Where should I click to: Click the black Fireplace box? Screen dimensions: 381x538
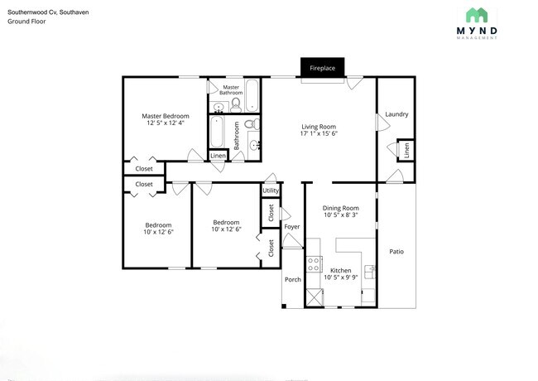(323, 68)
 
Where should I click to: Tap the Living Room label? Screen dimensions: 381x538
(318, 126)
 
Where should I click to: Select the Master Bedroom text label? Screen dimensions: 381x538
(165, 115)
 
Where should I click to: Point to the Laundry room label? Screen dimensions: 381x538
(396, 114)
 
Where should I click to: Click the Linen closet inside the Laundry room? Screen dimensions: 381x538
(406, 150)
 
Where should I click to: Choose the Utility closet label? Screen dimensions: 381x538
(271, 191)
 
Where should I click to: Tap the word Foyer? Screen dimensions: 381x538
(291, 226)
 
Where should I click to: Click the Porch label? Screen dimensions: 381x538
(293, 279)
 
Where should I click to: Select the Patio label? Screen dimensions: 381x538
(396, 251)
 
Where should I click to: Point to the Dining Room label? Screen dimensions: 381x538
(340, 208)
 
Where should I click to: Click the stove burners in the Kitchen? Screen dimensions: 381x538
(315, 264)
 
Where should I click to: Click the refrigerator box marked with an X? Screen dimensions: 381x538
(315, 297)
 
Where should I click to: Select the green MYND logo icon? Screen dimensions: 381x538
(476, 15)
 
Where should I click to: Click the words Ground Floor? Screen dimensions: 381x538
(26, 21)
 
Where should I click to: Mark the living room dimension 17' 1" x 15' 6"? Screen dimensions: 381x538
(318, 133)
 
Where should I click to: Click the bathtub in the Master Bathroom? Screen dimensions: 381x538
(252, 94)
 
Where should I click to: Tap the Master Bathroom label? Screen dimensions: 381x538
(232, 89)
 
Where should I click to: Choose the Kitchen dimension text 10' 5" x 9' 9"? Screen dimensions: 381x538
(340, 278)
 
